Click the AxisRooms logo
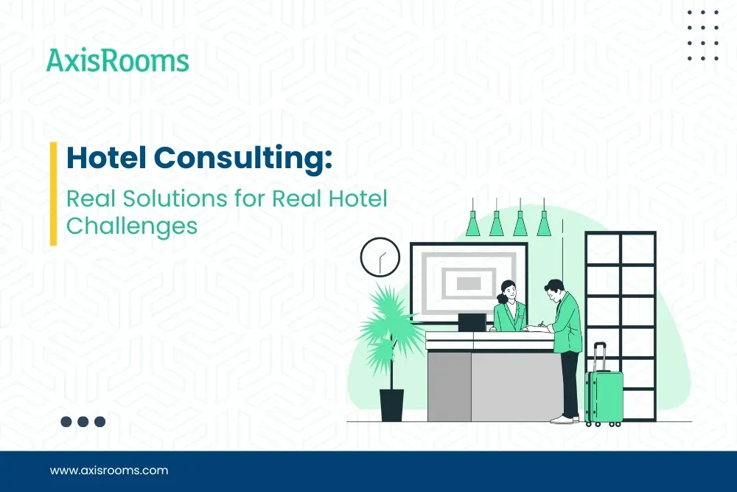coord(117,60)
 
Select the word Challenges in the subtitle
coord(132,226)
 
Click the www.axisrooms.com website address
coord(109,470)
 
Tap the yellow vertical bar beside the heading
coord(54,193)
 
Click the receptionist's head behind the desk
coord(508,289)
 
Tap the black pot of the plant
coord(391,405)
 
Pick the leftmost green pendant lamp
coord(472,223)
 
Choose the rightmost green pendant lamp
coord(544,223)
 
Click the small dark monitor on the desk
coord(472,322)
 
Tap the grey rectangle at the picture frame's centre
coord(469,283)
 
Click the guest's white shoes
coord(564,419)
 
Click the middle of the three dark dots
coord(83,422)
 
